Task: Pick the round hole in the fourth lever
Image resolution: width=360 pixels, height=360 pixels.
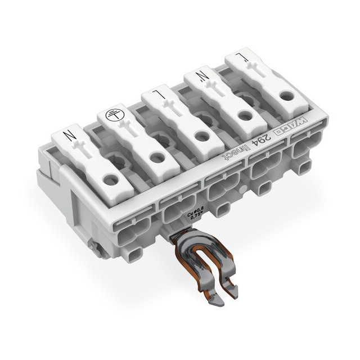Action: (244, 116)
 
